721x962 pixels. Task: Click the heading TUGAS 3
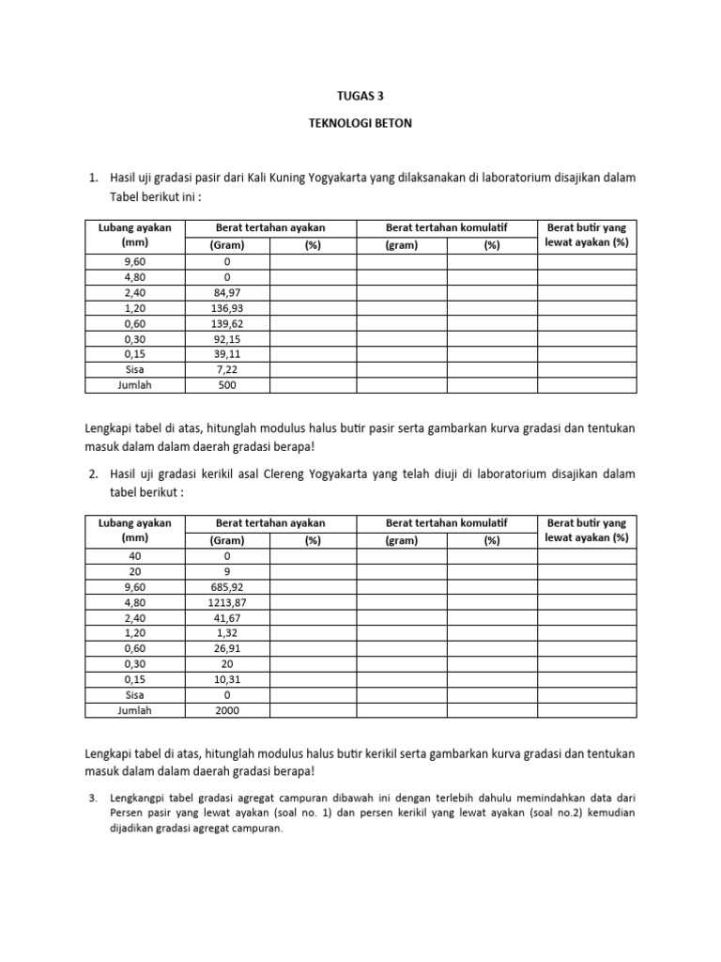[x=360, y=96]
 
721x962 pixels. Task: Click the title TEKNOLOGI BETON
[x=360, y=124]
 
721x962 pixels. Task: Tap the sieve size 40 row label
[x=130, y=556]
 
